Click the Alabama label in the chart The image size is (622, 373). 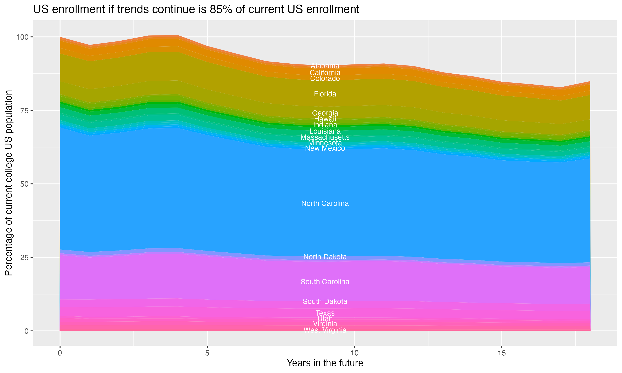[x=325, y=66]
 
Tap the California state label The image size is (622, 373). [x=325, y=73]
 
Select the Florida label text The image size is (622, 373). [x=325, y=94]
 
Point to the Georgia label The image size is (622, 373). [x=325, y=113]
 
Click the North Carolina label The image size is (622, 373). [x=325, y=203]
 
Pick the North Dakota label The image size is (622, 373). [x=325, y=257]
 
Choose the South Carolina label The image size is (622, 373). [x=325, y=282]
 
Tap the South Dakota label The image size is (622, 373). [x=325, y=301]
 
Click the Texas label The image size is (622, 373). [x=325, y=313]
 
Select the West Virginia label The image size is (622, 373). [x=325, y=330]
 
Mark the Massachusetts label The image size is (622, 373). [x=325, y=137]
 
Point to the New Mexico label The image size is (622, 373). [x=325, y=148]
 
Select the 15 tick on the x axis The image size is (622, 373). [x=502, y=353]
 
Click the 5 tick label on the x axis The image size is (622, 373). [x=207, y=353]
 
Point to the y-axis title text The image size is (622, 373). [x=9, y=183]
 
